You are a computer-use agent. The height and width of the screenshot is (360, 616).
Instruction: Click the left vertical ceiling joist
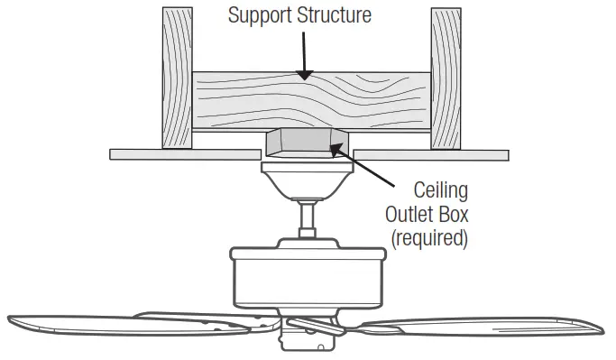tap(176, 77)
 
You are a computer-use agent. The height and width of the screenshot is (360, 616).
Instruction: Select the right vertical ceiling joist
tap(446, 77)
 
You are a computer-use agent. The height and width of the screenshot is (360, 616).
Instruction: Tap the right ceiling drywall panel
tap(433, 154)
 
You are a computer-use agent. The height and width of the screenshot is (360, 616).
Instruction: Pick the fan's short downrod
tap(308, 218)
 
